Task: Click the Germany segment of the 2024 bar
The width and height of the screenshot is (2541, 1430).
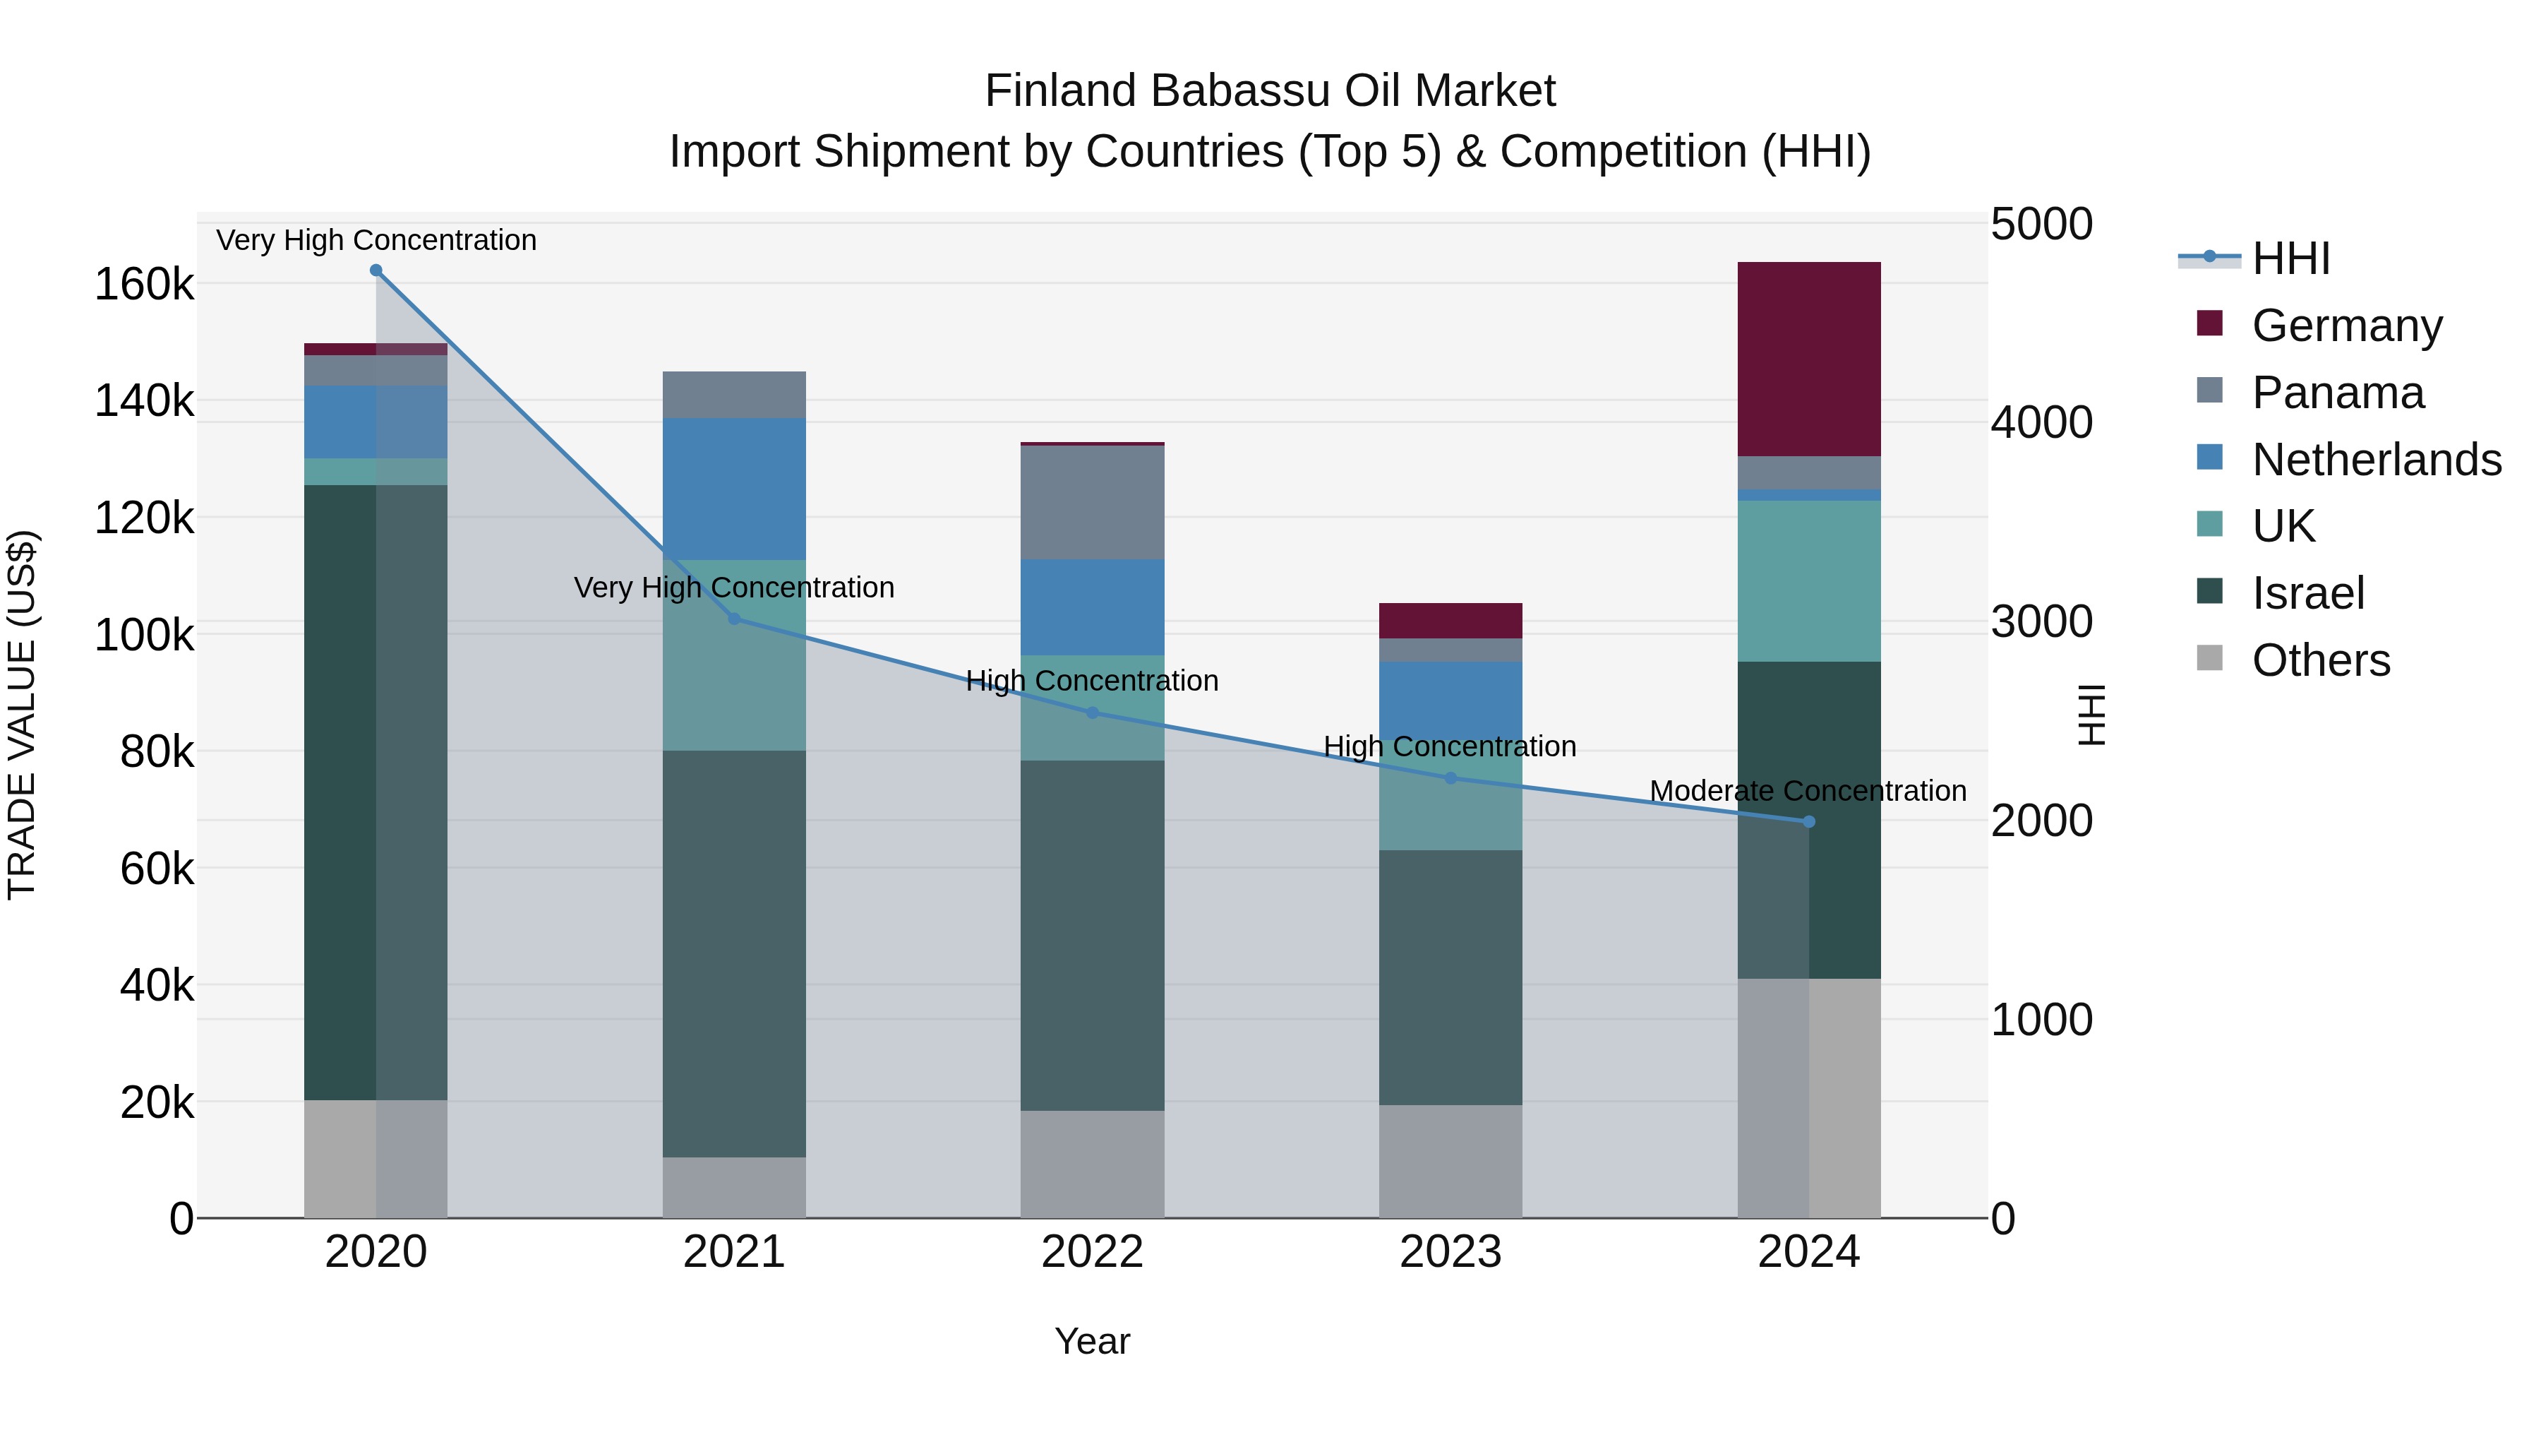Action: click(1808, 359)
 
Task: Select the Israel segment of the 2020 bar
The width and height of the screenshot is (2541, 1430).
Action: click(375, 792)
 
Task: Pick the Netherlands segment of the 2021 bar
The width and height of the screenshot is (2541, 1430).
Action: click(734, 489)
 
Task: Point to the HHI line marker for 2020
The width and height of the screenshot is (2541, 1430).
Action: click(376, 270)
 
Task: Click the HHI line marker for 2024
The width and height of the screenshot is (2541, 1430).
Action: click(1808, 821)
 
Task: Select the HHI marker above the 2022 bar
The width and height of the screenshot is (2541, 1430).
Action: click(1092, 713)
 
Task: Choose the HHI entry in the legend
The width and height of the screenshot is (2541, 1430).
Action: click(2290, 258)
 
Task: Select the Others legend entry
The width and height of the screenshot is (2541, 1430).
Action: click(2320, 660)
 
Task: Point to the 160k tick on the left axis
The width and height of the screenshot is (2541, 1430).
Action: click(144, 285)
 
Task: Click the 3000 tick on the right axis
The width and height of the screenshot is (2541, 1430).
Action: click(2041, 621)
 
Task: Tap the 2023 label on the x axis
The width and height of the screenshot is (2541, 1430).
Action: click(1450, 1252)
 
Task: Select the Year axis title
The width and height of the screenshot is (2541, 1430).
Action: click(1092, 1341)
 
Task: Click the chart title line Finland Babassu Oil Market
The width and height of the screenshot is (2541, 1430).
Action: click(1270, 91)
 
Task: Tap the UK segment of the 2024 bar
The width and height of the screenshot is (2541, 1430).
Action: click(1808, 580)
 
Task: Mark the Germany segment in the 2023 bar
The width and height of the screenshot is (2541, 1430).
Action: click(1450, 621)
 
